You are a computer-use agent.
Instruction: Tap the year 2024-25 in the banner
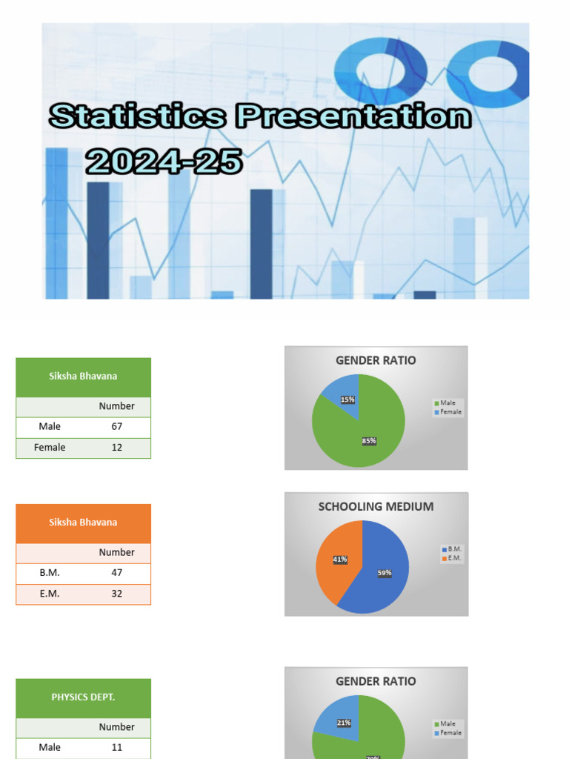pos(164,161)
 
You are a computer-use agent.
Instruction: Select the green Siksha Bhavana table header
pos(83,376)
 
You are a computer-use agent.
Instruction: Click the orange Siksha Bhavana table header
pos(83,522)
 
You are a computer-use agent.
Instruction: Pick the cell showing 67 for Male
pos(117,426)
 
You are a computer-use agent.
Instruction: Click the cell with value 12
pos(117,447)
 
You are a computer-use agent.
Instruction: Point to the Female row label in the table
pos(50,447)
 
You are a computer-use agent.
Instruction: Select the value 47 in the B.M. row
pos(117,572)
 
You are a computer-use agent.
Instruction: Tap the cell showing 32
pos(117,593)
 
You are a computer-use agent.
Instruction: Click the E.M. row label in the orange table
pos(50,593)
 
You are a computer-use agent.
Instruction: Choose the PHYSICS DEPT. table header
pos(83,697)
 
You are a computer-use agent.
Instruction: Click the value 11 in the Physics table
pos(117,747)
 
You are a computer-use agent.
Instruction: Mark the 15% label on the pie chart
pos(347,400)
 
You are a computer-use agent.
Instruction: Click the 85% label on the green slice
pos(369,441)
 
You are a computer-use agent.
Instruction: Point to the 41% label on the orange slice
pos(340,560)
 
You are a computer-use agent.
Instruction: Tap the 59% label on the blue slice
pos(384,572)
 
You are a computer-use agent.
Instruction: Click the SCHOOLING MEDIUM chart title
pos(376,507)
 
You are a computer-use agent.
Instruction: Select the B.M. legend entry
pos(454,549)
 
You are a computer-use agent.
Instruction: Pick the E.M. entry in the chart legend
pos(454,558)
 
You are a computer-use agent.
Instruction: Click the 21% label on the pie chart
pos(344,723)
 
